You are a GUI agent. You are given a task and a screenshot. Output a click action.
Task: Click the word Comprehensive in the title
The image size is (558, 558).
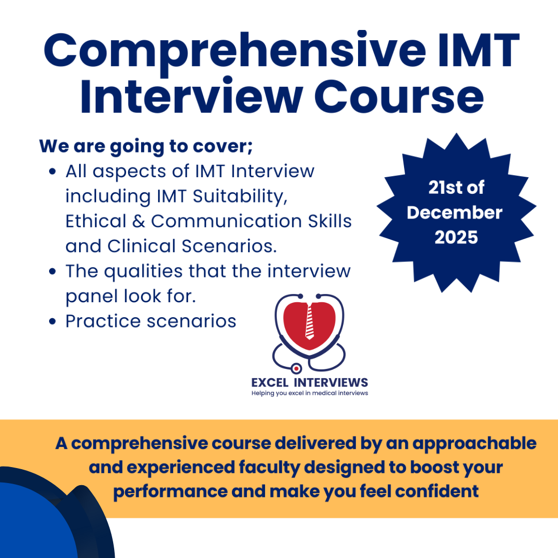pos(235,52)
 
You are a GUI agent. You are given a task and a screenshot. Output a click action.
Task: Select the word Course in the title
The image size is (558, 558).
pos(399,97)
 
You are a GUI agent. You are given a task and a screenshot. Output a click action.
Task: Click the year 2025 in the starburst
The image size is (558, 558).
pos(456,237)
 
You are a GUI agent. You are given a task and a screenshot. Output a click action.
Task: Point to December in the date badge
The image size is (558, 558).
pos(455,213)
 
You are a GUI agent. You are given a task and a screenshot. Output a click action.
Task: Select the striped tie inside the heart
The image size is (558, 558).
pos(309,322)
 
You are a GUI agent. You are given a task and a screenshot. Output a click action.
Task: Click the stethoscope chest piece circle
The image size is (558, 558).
pos(296,369)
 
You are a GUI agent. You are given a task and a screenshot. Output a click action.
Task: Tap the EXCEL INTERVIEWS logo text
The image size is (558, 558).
pos(309,382)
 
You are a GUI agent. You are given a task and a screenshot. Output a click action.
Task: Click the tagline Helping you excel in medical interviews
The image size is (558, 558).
pos(309,393)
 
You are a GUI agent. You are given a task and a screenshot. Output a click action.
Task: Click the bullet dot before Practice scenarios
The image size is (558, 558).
pos(52,322)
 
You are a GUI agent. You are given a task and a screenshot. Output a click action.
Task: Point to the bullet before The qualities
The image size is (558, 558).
pos(52,272)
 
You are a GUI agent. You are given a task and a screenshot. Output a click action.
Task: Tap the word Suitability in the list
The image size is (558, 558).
pos(240,197)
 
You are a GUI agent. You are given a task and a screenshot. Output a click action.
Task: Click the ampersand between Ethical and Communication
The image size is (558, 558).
pos(139,221)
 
